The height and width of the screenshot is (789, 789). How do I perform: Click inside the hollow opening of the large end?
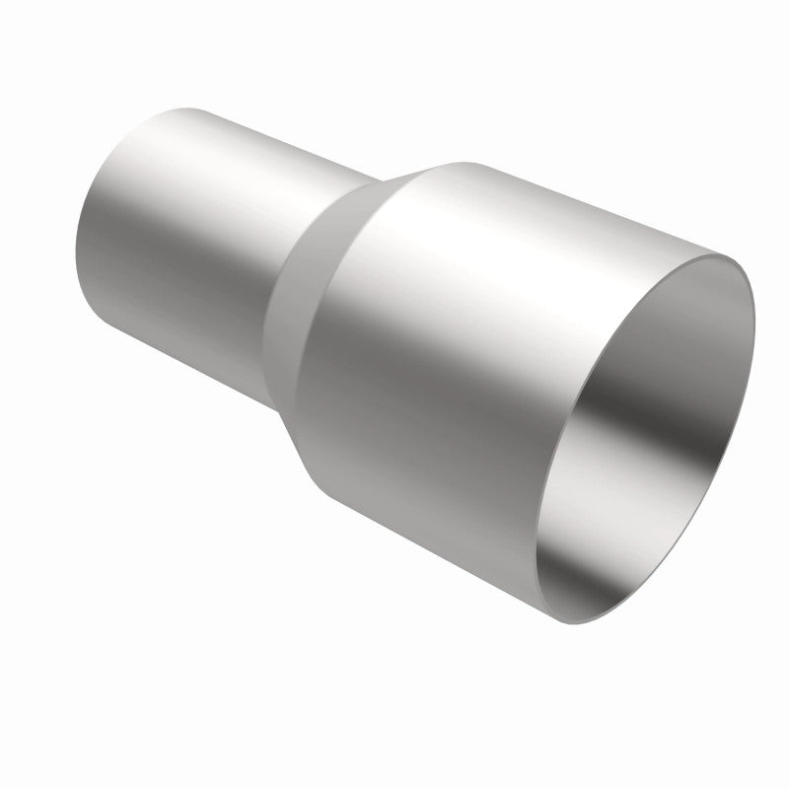(651, 434)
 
